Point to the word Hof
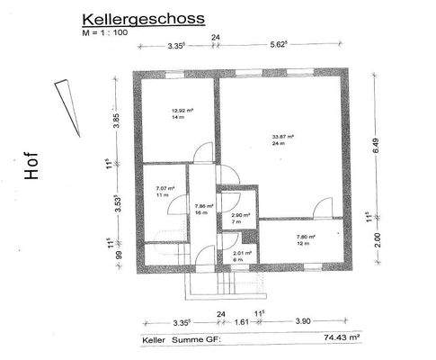tap(33, 171)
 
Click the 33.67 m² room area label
tap(284, 137)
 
